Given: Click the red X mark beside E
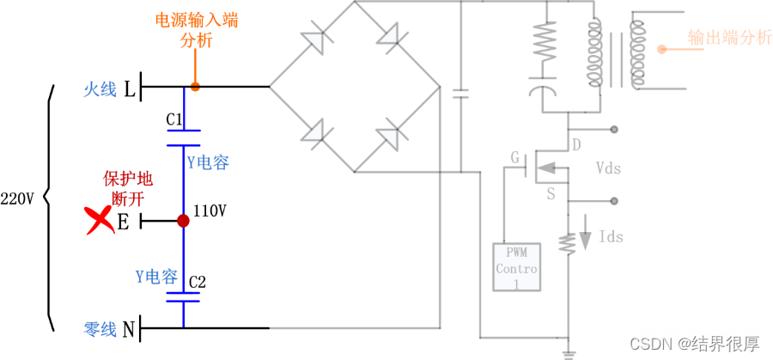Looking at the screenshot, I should tap(101, 222).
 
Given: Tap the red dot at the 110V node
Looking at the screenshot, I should tap(183, 221).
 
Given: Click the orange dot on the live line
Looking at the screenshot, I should tap(196, 87).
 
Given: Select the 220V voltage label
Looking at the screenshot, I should tap(17, 198).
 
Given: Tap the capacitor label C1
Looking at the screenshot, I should tap(175, 119).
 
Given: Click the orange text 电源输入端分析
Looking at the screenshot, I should tap(196, 30).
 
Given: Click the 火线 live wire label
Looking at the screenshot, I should tap(100, 88).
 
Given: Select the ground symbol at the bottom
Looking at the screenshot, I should tap(568, 351).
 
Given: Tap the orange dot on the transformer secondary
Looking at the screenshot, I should tap(662, 49).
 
